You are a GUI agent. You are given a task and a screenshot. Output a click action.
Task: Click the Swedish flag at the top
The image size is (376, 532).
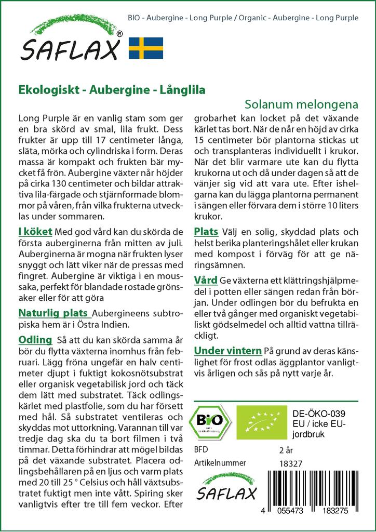point(145,47)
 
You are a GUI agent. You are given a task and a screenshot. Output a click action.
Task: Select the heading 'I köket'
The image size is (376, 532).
point(35,231)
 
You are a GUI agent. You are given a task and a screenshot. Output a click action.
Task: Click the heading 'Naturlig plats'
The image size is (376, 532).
point(54,313)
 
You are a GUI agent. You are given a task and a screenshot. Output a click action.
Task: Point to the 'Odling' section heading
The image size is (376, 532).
point(35,340)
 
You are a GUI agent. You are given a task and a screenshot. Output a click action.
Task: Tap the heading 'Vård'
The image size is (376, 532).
point(206,281)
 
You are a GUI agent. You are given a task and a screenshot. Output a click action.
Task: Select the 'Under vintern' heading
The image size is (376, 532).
point(228,350)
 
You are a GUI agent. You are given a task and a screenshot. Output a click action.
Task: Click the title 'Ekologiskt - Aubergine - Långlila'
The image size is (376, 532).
point(112,89)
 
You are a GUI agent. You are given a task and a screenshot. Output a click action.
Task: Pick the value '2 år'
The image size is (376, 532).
point(286,449)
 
